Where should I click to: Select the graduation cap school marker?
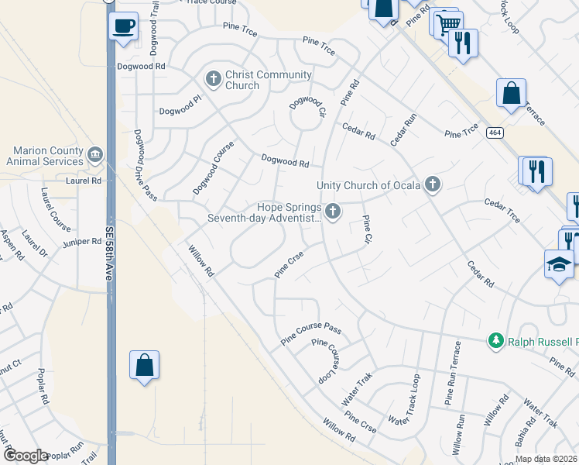(560, 265)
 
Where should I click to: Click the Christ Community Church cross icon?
(214, 78)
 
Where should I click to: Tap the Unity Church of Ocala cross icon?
(432, 184)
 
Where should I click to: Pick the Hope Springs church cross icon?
(333, 211)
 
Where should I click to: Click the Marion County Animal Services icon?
(95, 154)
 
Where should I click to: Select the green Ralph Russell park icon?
(495, 341)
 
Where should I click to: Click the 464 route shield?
(494, 133)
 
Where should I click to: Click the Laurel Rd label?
(84, 181)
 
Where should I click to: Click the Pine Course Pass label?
(310, 332)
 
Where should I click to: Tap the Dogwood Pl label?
(179, 111)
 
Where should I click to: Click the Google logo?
(26, 456)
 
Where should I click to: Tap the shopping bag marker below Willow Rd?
(145, 365)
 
